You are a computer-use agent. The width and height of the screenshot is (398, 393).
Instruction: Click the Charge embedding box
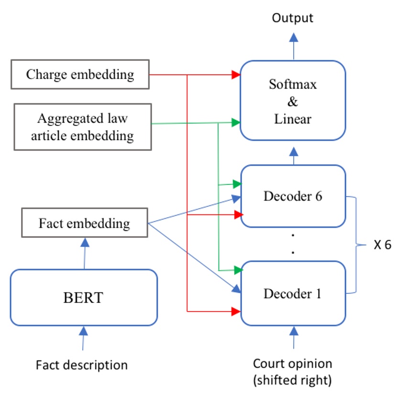(80, 75)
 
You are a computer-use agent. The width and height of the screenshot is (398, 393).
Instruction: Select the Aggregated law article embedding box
(83, 127)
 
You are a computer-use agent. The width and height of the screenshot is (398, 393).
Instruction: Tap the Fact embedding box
(84, 223)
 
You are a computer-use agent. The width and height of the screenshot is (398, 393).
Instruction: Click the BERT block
(84, 297)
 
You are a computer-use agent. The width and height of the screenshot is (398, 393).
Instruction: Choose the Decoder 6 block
(293, 196)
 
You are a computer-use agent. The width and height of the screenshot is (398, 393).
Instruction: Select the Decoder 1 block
(293, 293)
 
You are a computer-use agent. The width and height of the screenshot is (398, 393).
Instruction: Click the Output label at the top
(292, 18)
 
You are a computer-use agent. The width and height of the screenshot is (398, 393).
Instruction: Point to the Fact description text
(82, 365)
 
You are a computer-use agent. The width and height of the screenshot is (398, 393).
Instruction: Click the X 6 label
(382, 245)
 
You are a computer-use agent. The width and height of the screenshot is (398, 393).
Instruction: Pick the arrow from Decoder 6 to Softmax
(293, 156)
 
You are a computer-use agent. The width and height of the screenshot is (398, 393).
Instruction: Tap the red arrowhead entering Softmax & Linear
(235, 75)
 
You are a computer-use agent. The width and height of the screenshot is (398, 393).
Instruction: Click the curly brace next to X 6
(356, 245)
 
